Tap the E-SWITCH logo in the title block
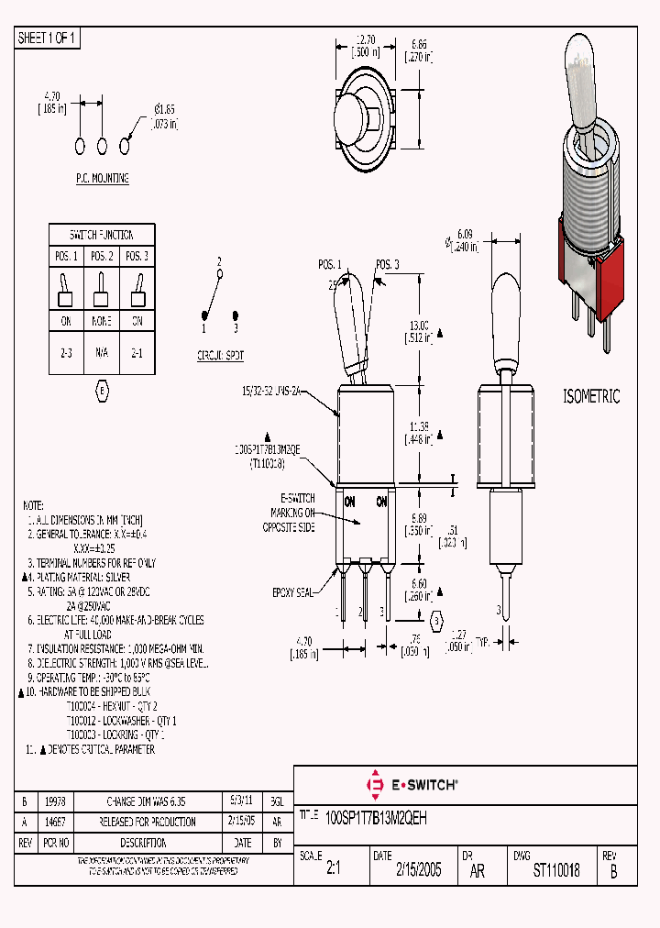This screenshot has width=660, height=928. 412,785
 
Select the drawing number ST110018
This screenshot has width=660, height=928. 556,870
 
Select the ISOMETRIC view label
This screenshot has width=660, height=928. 590,397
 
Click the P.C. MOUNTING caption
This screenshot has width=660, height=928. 102,179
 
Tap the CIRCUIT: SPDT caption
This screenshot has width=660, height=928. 220,355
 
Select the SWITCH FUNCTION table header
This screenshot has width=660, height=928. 102,235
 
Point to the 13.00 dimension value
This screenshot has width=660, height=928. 418,326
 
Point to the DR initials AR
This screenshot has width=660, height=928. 478,871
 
